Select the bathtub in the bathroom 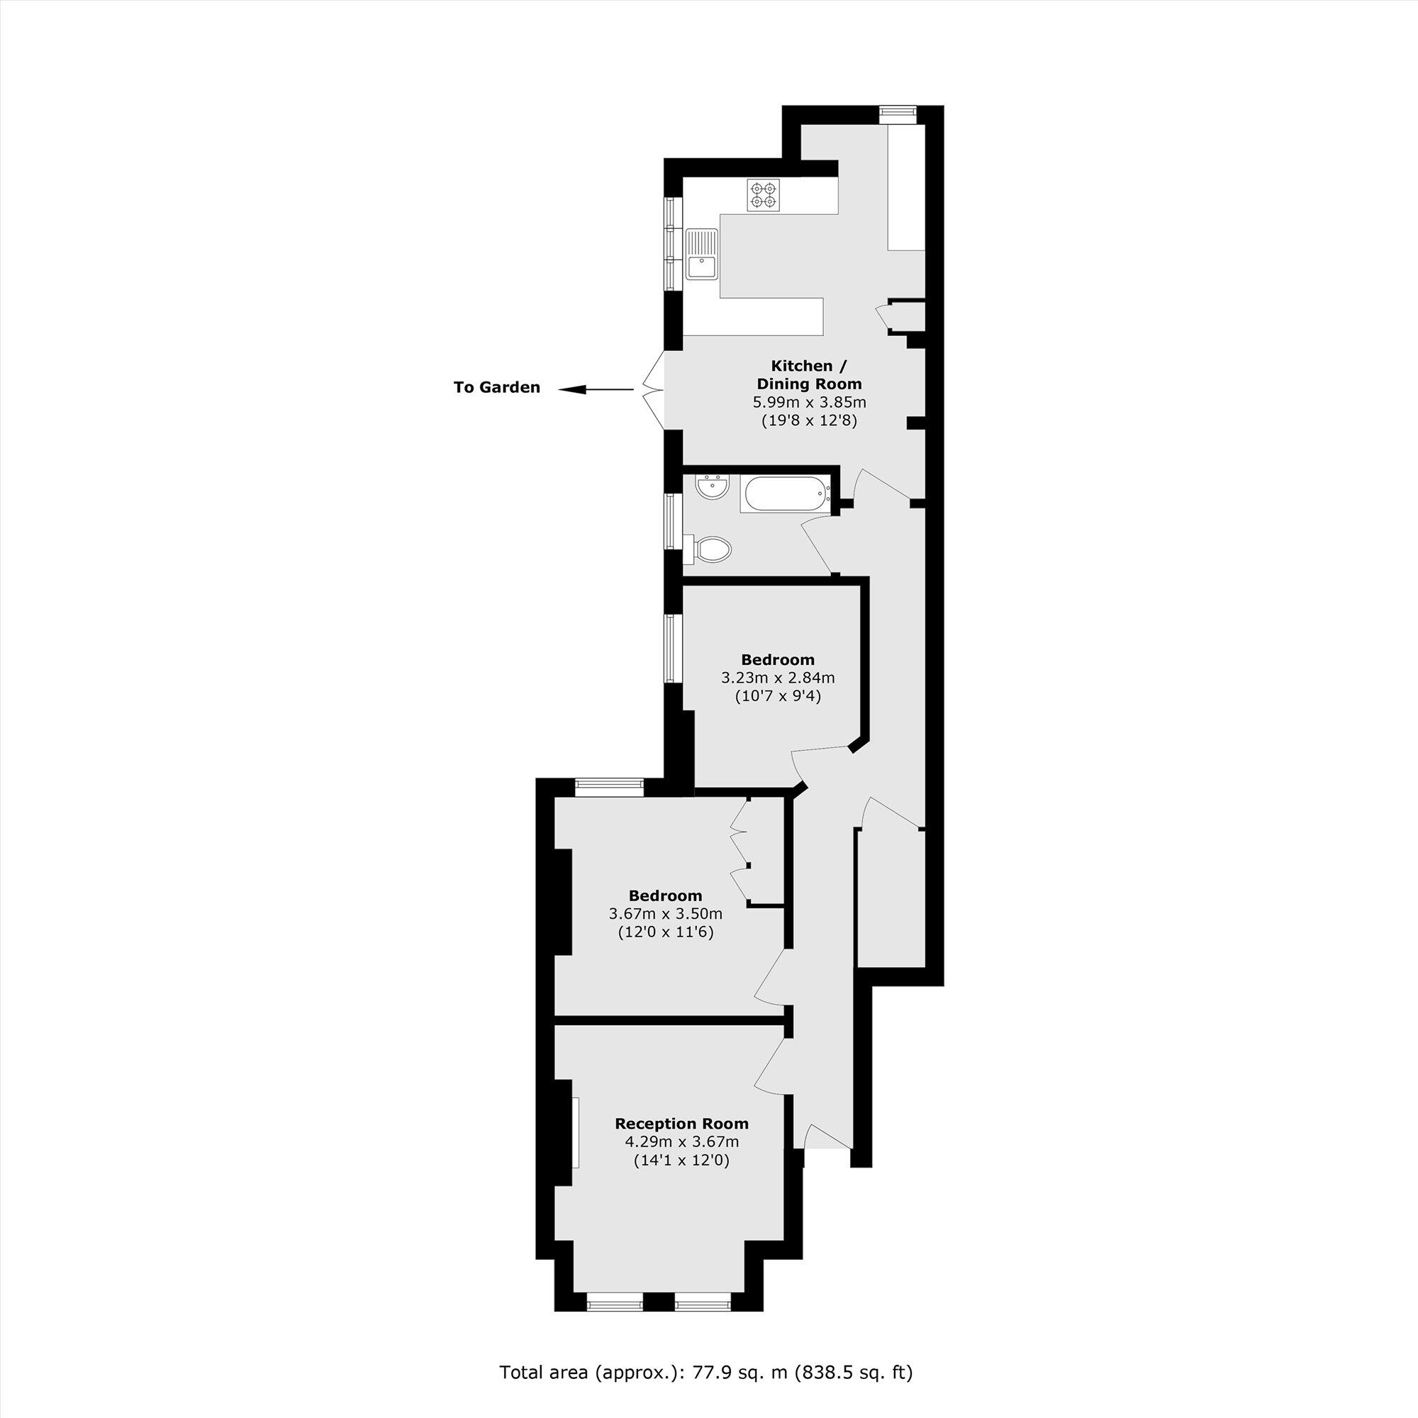[786, 494]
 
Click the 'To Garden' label [497, 388]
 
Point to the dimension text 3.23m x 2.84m [777, 677]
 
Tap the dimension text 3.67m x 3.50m [665, 914]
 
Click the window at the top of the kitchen [898, 112]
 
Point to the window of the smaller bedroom [671, 649]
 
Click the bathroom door [817, 543]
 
